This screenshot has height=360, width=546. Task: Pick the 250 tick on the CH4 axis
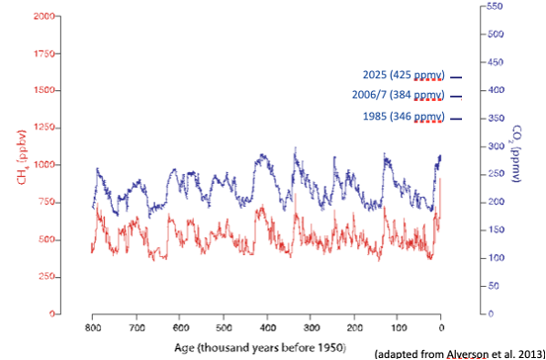pyautogui.click(x=46, y=277)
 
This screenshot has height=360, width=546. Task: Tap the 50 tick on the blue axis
pyautogui.click(x=494, y=286)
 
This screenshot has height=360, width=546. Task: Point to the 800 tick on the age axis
pyautogui.click(x=91, y=325)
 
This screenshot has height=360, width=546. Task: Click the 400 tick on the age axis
pyautogui.click(x=266, y=325)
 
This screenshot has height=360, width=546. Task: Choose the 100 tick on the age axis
pyautogui.click(x=398, y=325)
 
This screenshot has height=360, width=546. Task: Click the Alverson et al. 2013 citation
pyautogui.click(x=458, y=353)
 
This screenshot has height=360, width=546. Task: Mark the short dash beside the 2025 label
pyautogui.click(x=456, y=76)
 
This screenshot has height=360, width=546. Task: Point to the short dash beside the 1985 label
pyautogui.click(x=456, y=119)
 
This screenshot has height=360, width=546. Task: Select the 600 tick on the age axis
pyautogui.click(x=179, y=325)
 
